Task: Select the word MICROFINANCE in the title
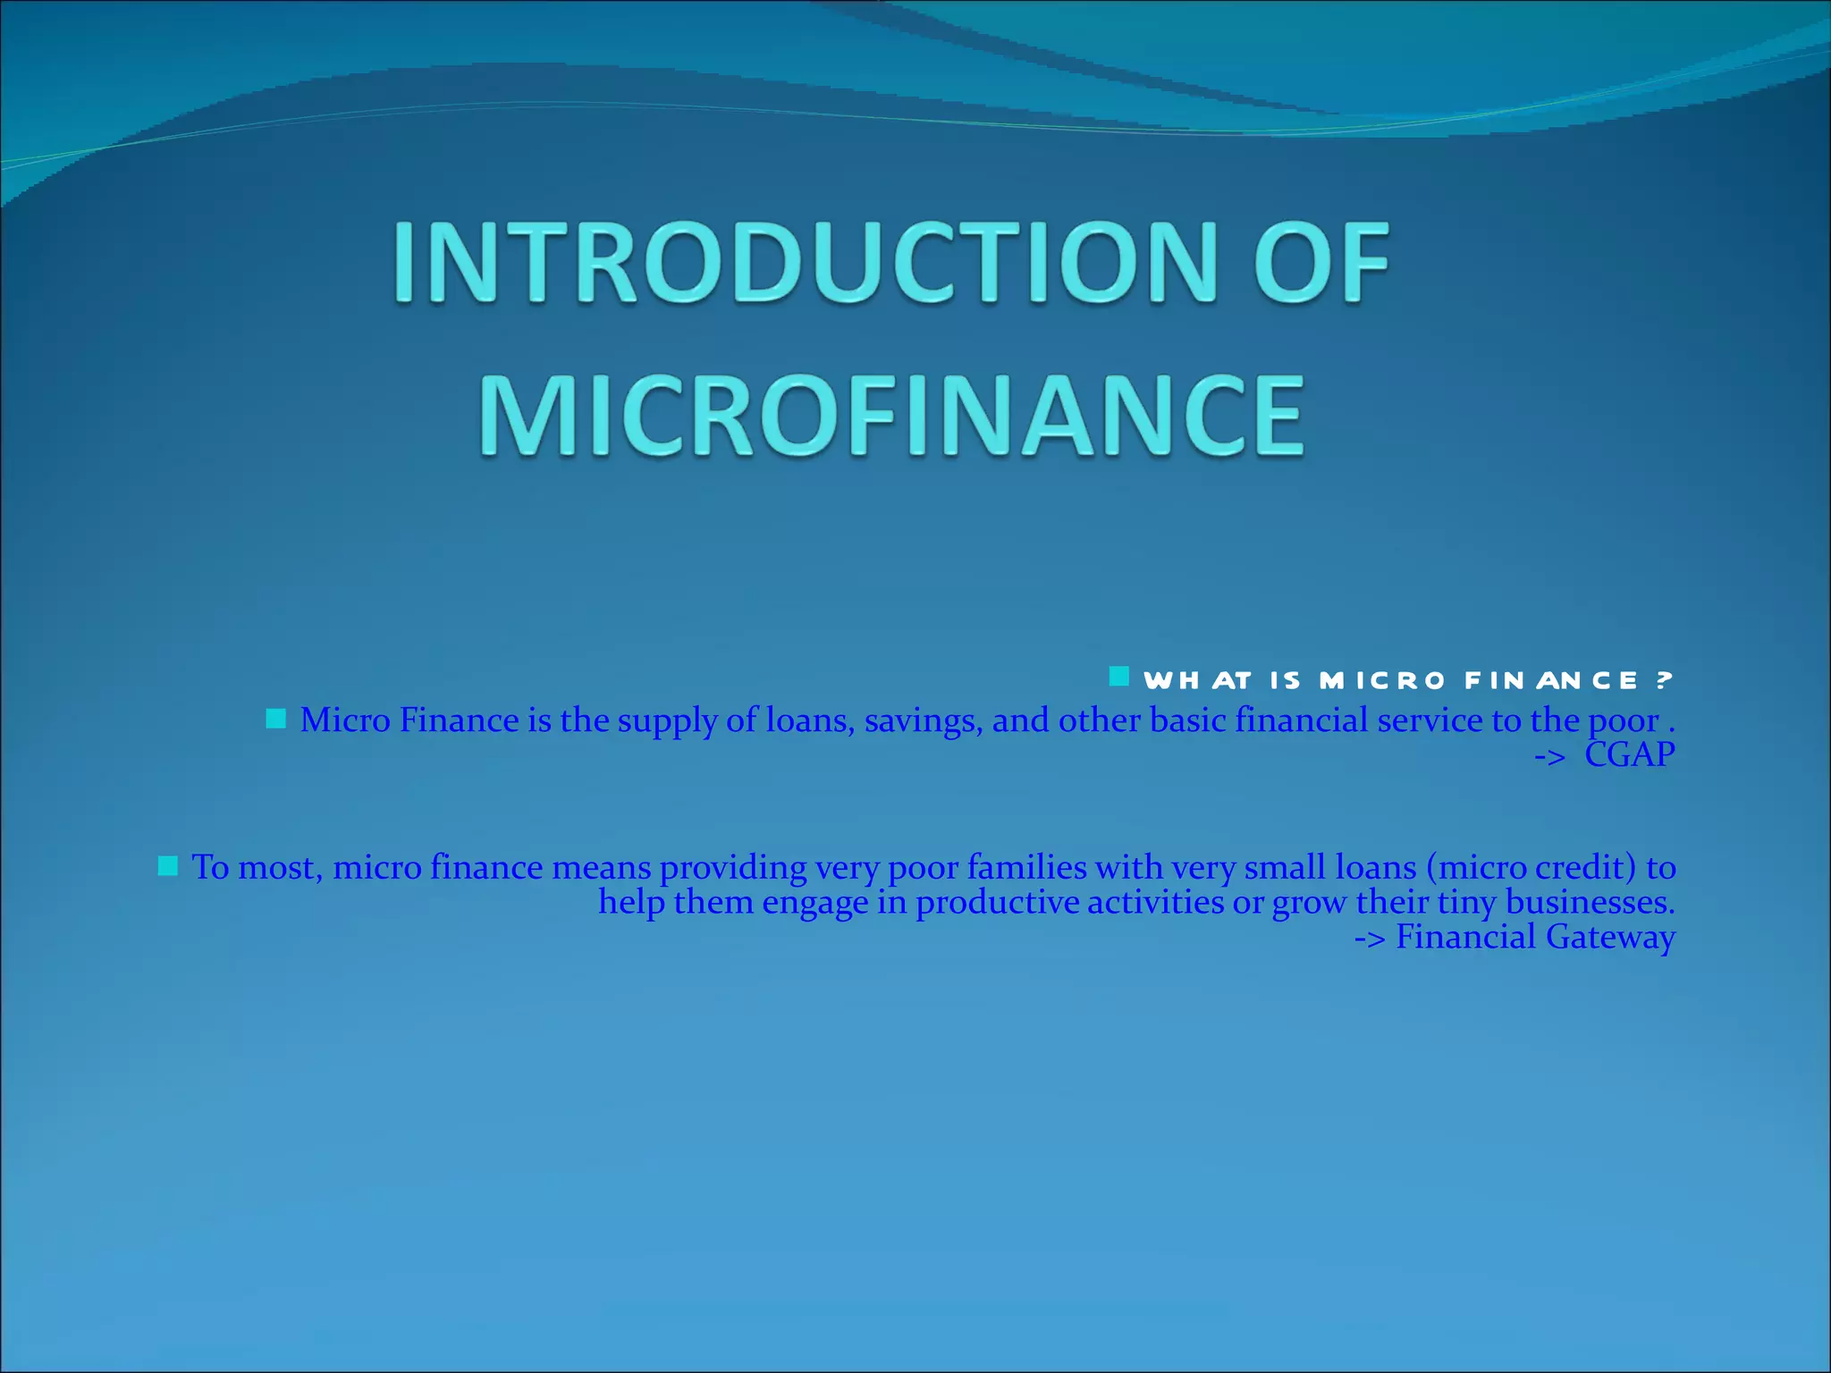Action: (x=891, y=416)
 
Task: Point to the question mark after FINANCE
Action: (x=1663, y=681)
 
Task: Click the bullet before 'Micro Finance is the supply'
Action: (x=275, y=719)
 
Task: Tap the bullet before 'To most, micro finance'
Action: (x=167, y=865)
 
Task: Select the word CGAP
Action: (x=1629, y=755)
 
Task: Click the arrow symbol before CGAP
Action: (x=1550, y=757)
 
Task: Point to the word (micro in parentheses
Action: (x=1476, y=867)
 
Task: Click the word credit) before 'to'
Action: (x=1586, y=867)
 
